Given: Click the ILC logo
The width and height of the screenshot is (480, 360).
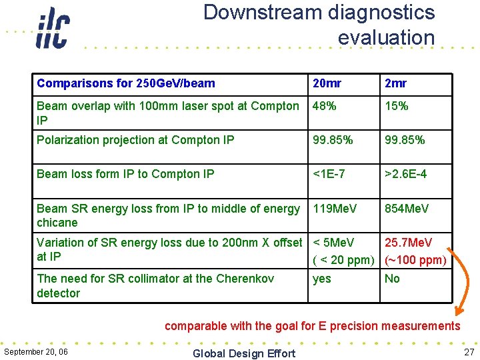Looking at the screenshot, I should point(52,28).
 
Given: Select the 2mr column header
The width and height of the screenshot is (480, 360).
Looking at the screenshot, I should point(396,83).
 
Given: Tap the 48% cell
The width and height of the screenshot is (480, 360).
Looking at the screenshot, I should point(325,106).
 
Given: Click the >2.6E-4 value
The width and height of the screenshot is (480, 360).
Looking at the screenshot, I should point(405,174).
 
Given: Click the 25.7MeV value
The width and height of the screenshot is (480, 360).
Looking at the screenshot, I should point(408,243).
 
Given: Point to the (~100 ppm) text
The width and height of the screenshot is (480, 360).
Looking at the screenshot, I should point(415,259).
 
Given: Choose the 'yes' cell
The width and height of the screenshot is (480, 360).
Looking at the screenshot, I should point(322,279).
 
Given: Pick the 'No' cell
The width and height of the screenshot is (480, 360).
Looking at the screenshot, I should point(392,279).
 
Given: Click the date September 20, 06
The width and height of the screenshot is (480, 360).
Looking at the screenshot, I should point(35,351).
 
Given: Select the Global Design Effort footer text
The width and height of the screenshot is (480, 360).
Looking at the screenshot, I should point(243,353).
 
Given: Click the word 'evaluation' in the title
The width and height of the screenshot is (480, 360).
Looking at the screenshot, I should point(386,37).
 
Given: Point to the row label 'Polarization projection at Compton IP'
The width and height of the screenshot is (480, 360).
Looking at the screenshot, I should point(135,140).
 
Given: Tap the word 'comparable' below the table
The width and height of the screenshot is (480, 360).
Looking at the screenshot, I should point(195,326).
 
